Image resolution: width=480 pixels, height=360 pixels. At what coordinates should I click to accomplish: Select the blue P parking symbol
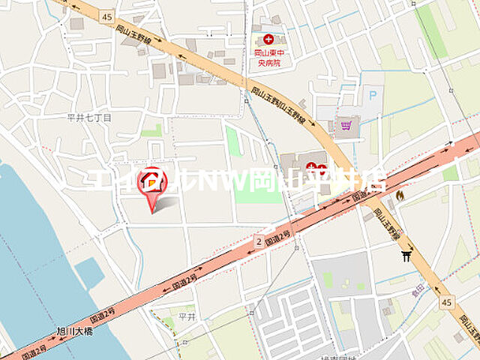tap(370, 95)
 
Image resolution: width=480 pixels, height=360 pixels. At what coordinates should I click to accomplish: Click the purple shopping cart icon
tap(346, 125)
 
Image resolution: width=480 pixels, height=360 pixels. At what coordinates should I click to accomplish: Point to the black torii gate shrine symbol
tap(406, 257)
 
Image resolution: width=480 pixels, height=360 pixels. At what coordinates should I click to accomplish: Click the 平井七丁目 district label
tap(88, 118)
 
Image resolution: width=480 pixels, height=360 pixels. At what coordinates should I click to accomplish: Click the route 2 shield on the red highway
tap(259, 241)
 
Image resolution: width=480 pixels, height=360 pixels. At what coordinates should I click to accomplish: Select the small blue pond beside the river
tap(89, 274)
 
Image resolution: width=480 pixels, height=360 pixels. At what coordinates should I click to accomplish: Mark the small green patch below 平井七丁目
tap(151, 131)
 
